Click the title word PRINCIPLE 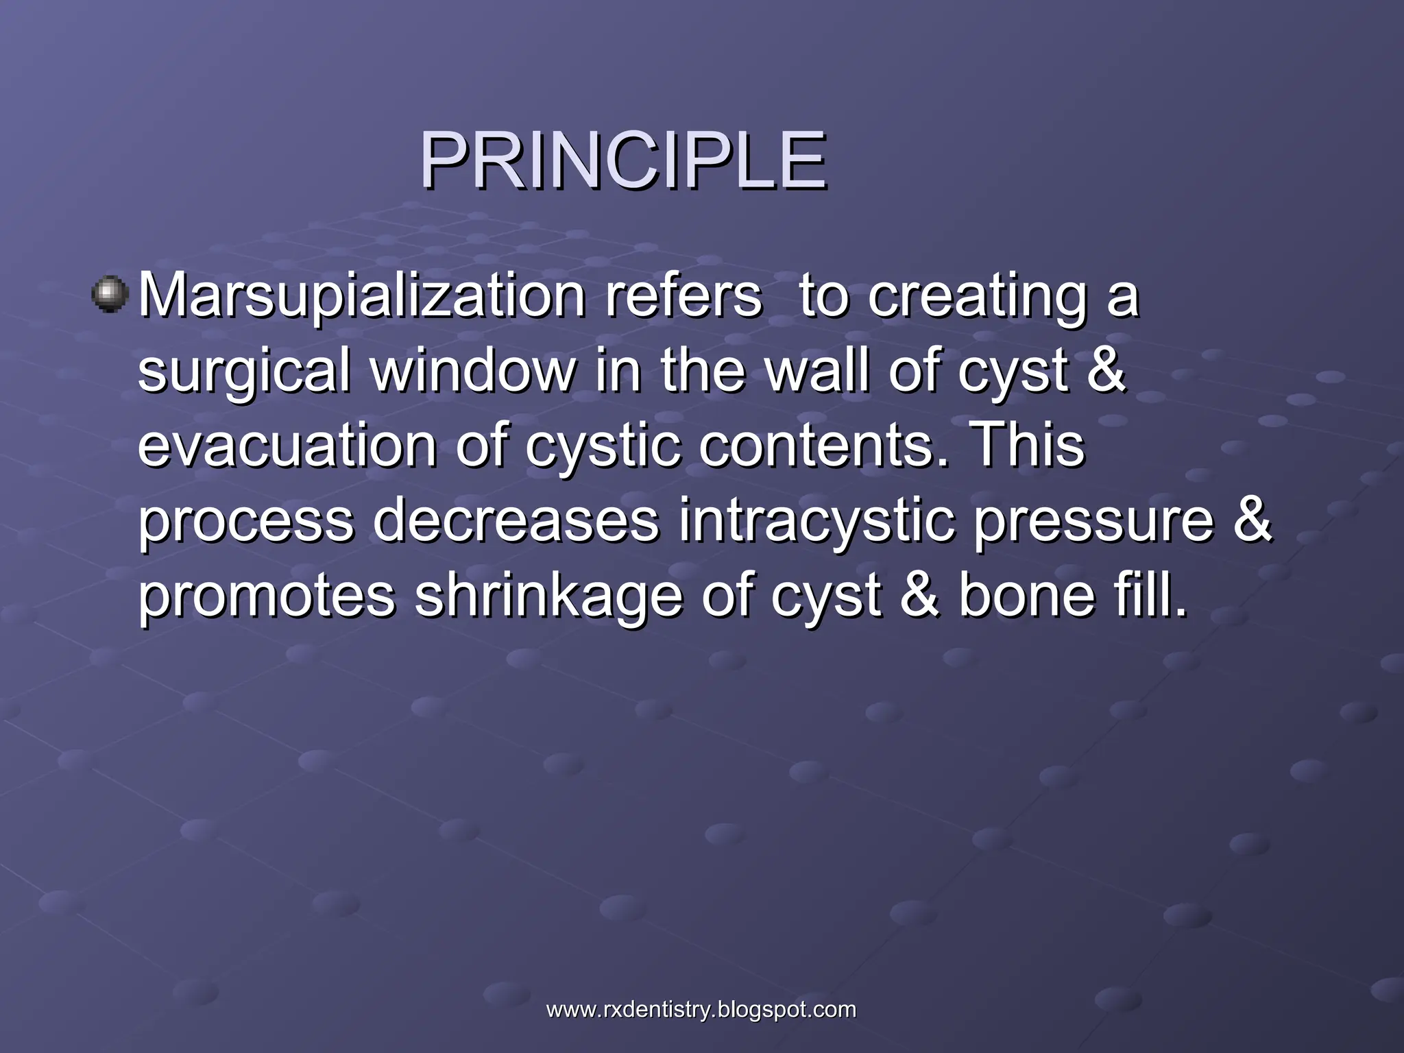[x=622, y=162]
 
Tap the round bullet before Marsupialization [x=110, y=295]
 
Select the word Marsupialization [x=361, y=297]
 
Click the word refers [x=682, y=295]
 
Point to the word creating [x=978, y=297]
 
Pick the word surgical [x=245, y=372]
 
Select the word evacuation [x=287, y=446]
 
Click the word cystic [x=603, y=446]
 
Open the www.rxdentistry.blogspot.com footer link [x=701, y=1010]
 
